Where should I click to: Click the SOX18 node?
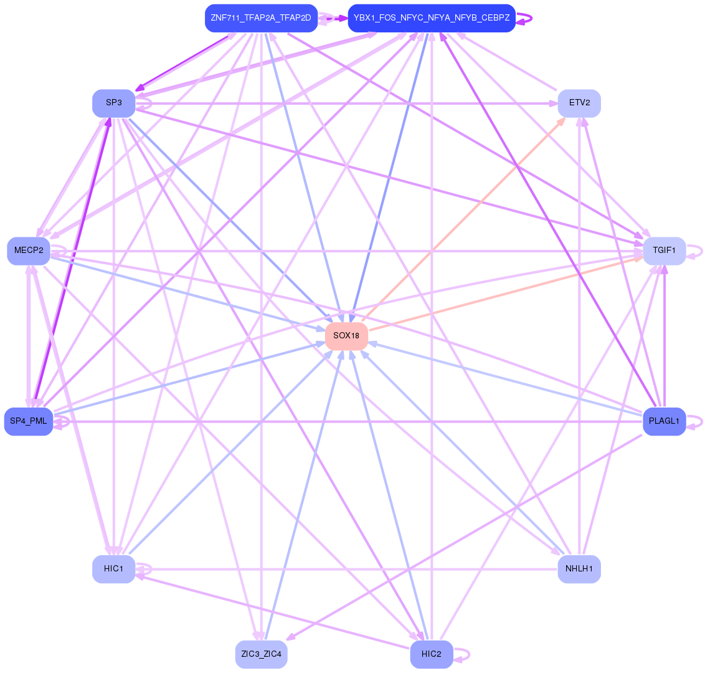(x=346, y=336)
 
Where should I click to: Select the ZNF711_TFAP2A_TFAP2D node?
(x=261, y=17)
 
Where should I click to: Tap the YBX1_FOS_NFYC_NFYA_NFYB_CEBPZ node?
(x=431, y=17)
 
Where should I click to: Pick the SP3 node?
(x=113, y=103)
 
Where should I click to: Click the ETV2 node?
(x=579, y=103)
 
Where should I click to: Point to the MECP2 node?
(x=29, y=251)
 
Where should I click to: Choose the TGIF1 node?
(x=664, y=251)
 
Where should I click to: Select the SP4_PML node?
(x=29, y=421)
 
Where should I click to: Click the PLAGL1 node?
(x=664, y=421)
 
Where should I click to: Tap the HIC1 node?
(x=113, y=569)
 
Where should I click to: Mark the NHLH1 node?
(x=579, y=569)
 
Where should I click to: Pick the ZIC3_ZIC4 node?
(x=261, y=654)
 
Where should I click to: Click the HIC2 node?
(x=431, y=654)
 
